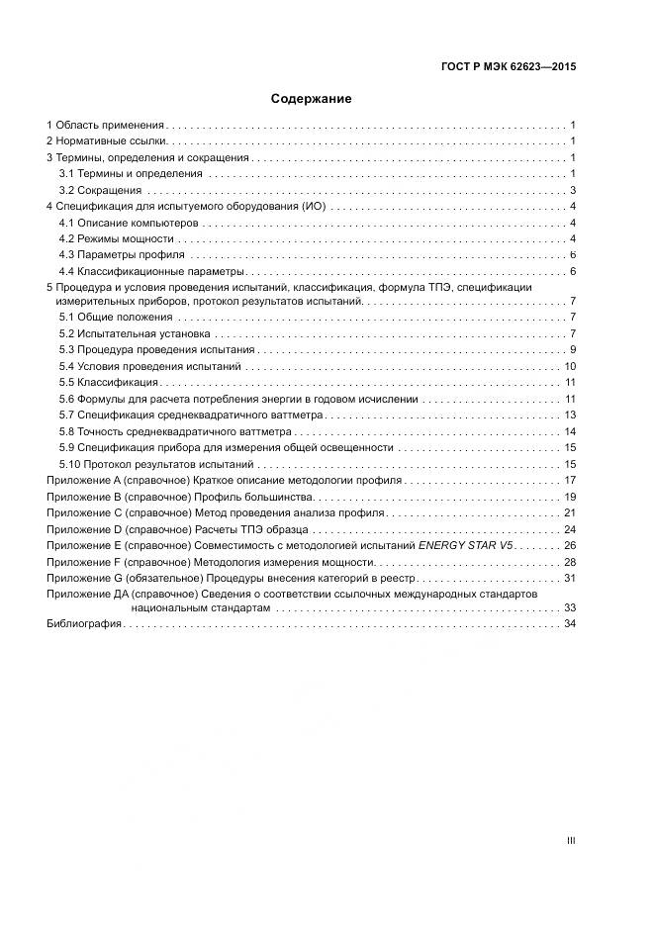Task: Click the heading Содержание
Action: pyautogui.click(x=312, y=99)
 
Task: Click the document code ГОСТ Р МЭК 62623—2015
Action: pyautogui.click(x=508, y=67)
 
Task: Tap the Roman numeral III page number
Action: pyautogui.click(x=571, y=841)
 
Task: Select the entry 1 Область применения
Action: pyautogui.click(x=106, y=127)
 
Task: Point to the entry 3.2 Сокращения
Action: pyautogui.click(x=101, y=191)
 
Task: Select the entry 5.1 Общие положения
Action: pyautogui.click(x=116, y=317)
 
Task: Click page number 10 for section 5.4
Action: pyautogui.click(x=570, y=367)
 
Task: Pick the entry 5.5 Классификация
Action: pyautogui.click(x=108, y=383)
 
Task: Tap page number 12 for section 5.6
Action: pyautogui.click(x=570, y=399)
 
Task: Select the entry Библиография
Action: pyautogui.click(x=84, y=624)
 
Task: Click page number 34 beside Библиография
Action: pyautogui.click(x=570, y=624)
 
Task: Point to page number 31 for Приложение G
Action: pyautogui.click(x=570, y=578)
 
